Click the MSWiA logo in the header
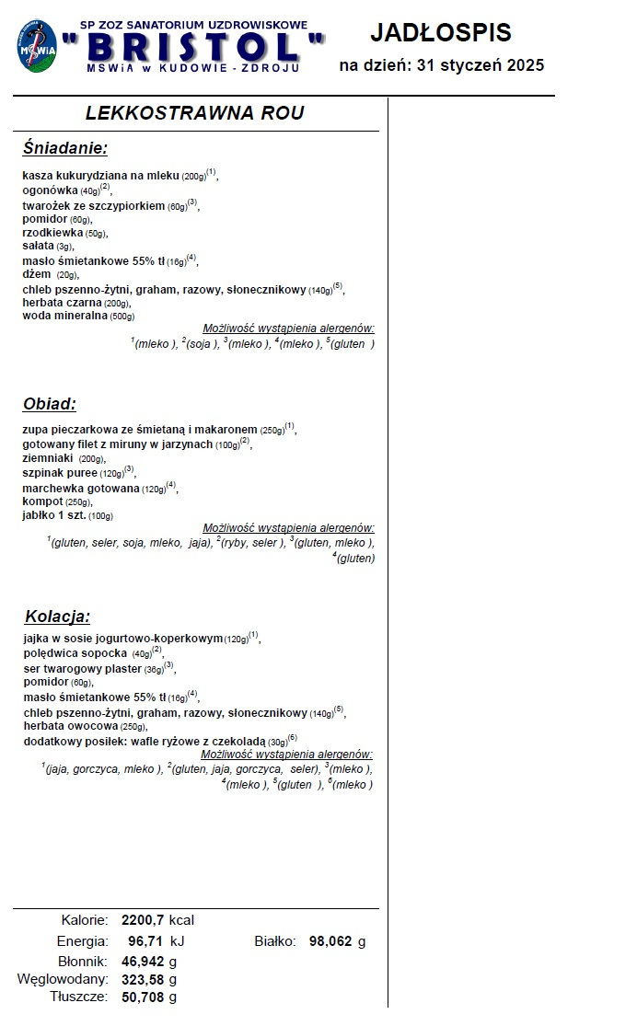(37, 48)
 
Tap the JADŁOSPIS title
(441, 33)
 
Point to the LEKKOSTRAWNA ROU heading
(194, 113)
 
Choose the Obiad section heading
(50, 404)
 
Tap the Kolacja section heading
(57, 616)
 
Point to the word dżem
(37, 274)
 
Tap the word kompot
(42, 501)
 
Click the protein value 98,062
(330, 941)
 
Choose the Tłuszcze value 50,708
(143, 997)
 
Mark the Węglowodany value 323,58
(143, 979)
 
